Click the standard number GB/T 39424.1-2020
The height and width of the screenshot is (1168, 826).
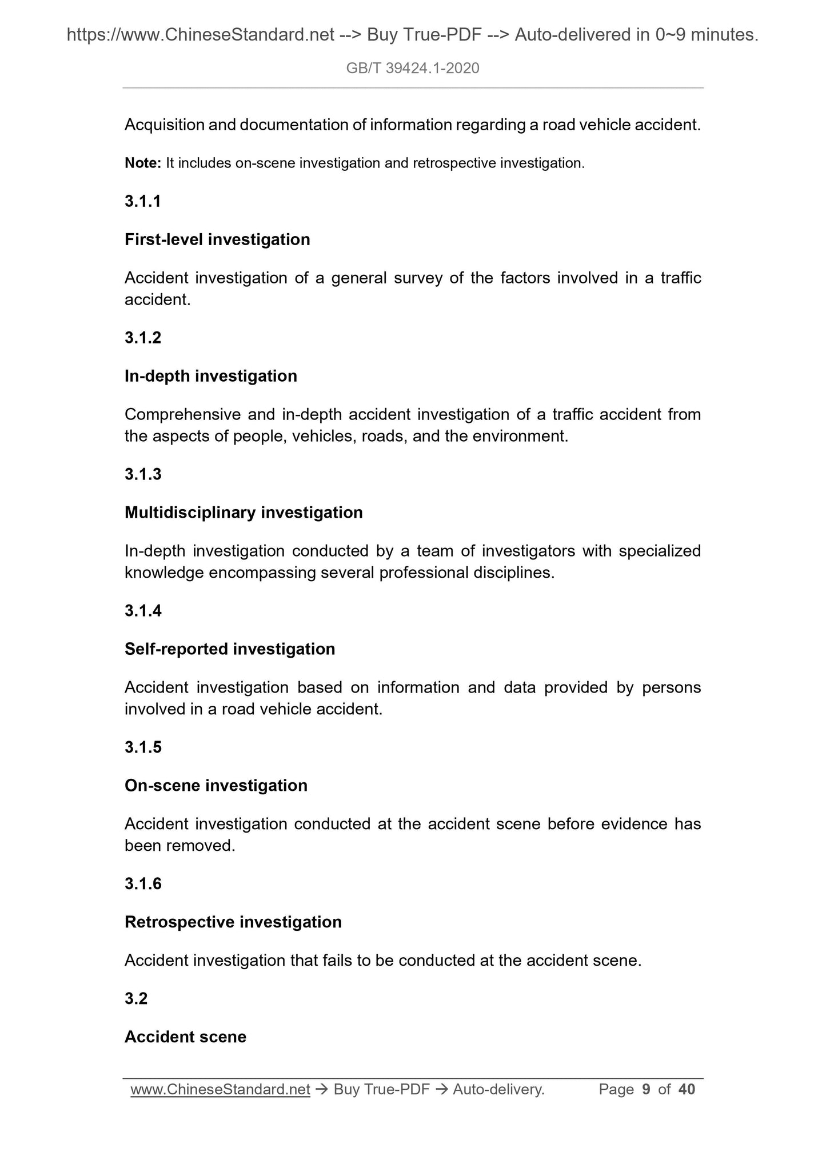413,69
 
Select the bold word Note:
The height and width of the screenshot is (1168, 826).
143,163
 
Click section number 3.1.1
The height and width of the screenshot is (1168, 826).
143,201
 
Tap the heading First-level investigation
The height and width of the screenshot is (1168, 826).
217,239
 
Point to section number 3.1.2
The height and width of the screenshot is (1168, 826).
143,338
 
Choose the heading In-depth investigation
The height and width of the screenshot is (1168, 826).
211,376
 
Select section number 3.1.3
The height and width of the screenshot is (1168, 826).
143,474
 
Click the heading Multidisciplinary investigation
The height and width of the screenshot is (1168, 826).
244,513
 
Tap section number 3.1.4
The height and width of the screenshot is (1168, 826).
143,611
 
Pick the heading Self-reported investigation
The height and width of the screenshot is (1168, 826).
230,649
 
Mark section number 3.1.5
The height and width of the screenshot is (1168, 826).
143,747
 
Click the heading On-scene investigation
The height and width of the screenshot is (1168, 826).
216,786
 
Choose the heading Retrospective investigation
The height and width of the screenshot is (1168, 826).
233,922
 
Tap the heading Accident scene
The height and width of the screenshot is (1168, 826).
185,1037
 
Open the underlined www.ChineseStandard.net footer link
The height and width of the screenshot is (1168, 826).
220,1090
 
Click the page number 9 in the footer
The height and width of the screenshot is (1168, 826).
646,1090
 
